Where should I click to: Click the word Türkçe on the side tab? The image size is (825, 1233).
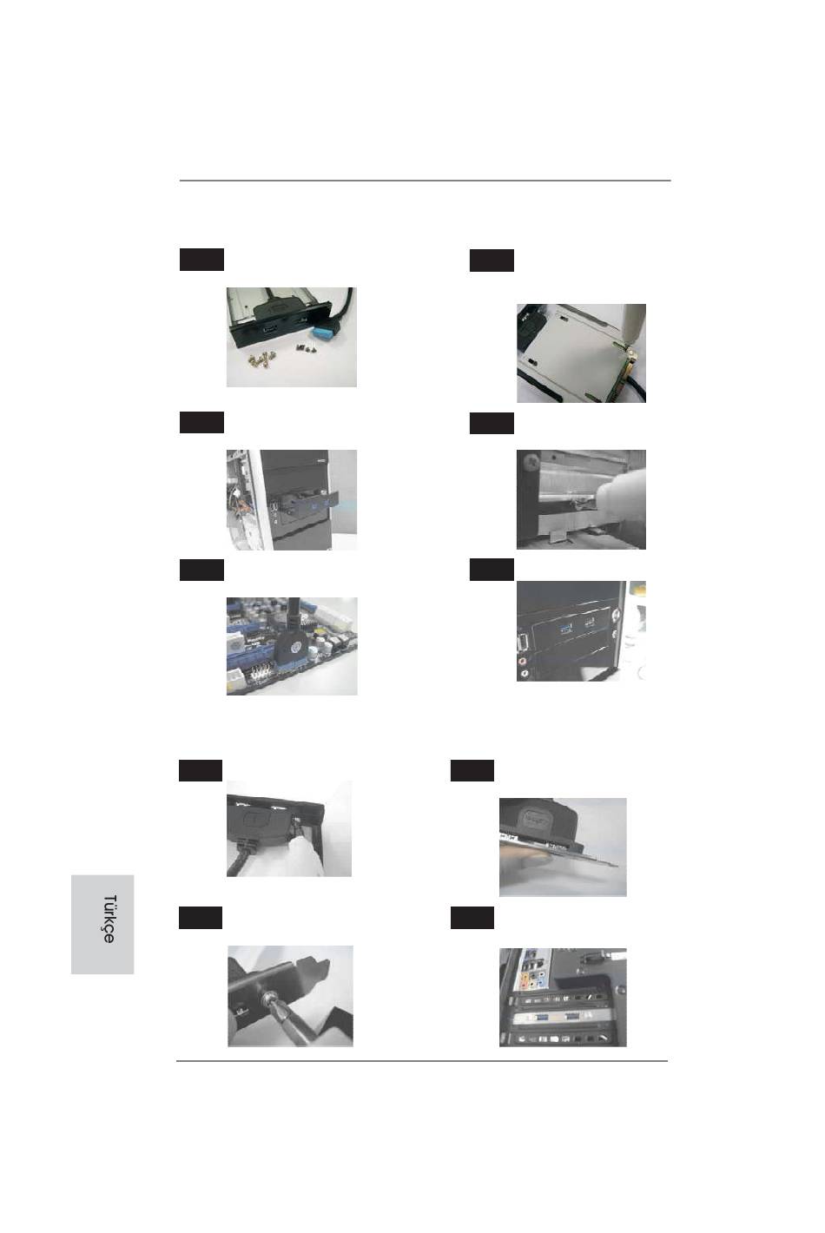click(x=109, y=919)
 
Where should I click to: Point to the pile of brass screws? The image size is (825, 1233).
click(x=262, y=359)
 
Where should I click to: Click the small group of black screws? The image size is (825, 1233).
click(x=306, y=348)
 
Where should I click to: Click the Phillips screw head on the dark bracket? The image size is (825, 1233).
click(x=532, y=461)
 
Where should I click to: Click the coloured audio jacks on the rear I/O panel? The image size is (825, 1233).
click(x=533, y=981)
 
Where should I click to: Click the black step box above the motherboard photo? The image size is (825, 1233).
click(x=201, y=570)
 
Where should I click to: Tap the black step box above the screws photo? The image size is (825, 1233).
click(x=201, y=260)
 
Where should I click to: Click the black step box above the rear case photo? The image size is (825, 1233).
click(x=472, y=917)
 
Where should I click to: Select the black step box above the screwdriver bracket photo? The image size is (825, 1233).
click(x=201, y=917)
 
